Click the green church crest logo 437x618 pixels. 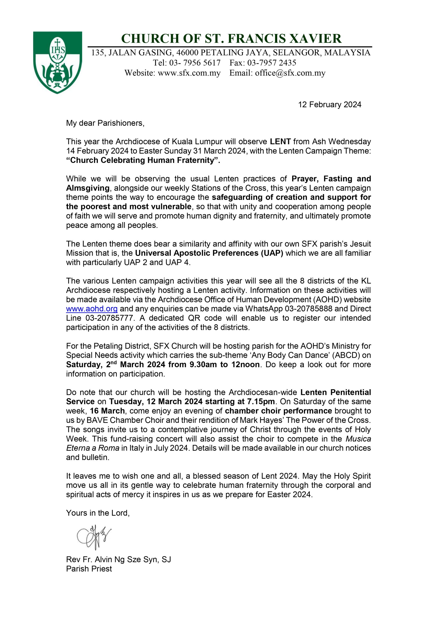pos(58,63)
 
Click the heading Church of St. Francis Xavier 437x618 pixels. pos(231,38)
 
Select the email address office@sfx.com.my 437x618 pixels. pos(290,73)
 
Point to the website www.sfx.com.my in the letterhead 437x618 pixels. pos(189,73)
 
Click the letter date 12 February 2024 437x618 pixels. pos(330,105)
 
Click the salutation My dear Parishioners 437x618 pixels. pos(105,123)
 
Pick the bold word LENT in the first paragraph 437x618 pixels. pos(280,141)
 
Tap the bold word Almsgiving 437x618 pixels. pos(88,188)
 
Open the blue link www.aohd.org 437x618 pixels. pos(92,309)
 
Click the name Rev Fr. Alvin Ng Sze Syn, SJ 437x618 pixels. pos(119,560)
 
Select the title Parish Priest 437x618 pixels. pos(89,569)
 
